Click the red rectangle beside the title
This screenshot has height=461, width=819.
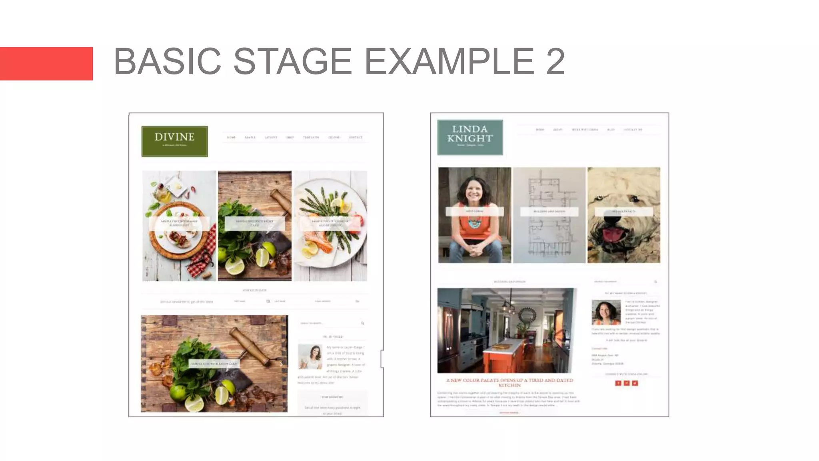46,64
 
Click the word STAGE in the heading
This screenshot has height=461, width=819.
292,61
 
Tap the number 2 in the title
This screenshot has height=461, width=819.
555,61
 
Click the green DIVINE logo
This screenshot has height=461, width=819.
174,141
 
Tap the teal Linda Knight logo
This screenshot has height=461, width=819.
470,137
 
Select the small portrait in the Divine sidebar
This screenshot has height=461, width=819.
310,357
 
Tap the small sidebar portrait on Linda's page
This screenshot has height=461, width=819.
606,312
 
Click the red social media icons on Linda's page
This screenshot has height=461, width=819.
626,383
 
